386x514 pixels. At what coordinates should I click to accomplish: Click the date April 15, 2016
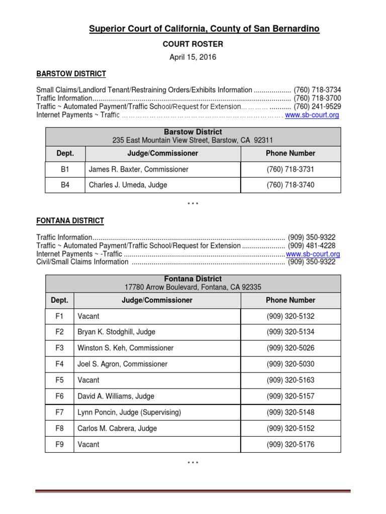(x=192, y=57)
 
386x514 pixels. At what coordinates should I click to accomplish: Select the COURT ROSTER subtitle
(x=192, y=44)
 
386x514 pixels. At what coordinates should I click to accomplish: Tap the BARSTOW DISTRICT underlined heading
(x=71, y=74)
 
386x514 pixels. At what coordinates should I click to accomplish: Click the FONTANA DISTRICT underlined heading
(x=70, y=221)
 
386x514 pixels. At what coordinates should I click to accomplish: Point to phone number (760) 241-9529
(x=317, y=106)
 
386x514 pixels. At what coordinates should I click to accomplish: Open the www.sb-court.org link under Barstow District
(x=312, y=115)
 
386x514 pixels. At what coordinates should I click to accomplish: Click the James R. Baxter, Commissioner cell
(x=138, y=170)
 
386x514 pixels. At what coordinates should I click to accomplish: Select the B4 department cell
(x=65, y=185)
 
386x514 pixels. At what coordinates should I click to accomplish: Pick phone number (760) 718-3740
(x=291, y=185)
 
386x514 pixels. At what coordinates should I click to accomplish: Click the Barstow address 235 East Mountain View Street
(x=192, y=141)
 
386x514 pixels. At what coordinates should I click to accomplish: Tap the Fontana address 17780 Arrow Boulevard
(x=192, y=287)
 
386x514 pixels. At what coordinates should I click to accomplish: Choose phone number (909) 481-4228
(x=312, y=246)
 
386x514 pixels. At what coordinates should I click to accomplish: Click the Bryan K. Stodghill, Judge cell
(x=116, y=332)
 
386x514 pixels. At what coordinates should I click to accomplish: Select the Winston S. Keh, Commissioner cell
(x=125, y=348)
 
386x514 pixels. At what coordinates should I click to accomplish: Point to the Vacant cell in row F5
(x=88, y=380)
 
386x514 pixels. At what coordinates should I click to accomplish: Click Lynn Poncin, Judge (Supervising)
(x=129, y=412)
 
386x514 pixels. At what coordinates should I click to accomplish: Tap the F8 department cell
(x=60, y=428)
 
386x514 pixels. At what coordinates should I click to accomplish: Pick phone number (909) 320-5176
(x=291, y=444)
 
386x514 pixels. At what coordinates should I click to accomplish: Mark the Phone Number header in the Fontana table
(x=291, y=300)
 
